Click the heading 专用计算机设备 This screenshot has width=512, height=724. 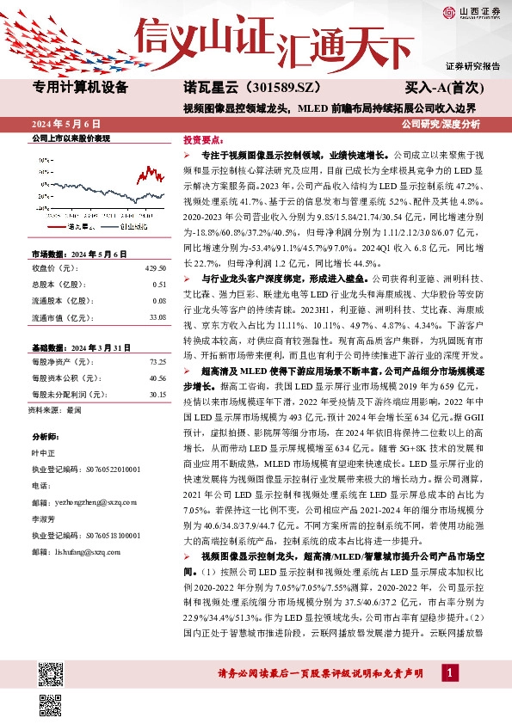(79, 88)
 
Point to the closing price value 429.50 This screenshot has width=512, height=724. (155, 267)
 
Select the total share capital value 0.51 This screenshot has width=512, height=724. (158, 284)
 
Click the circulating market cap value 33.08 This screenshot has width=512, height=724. (157, 317)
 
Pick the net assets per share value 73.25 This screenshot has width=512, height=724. (157, 362)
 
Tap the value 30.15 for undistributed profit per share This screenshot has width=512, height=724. (157, 395)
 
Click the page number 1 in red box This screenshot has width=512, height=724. (448, 672)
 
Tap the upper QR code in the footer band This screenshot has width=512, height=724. (50, 673)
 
